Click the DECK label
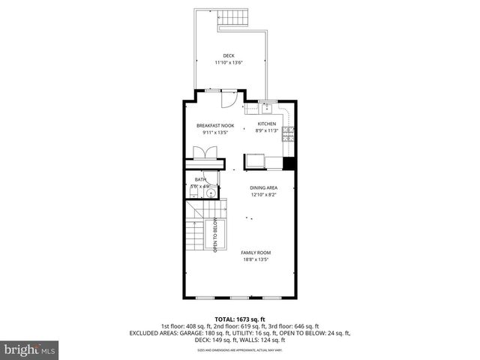tap(228, 55)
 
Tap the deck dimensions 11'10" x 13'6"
tap(228, 63)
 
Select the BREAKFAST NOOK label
tap(215, 124)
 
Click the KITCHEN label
tap(267, 123)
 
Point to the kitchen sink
tap(266, 106)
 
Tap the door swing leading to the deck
tap(232, 97)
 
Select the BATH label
tap(200, 179)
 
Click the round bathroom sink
tap(211, 193)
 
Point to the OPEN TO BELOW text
tap(215, 235)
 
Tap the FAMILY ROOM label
tap(256, 252)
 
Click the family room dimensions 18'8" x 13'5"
tap(256, 259)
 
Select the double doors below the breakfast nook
tap(205, 151)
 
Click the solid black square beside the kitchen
tap(289, 164)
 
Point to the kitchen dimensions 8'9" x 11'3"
tap(267, 130)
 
